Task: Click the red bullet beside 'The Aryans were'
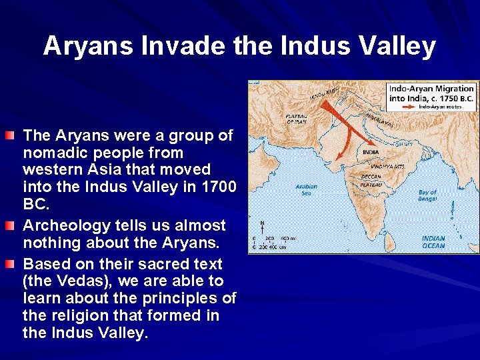pos(9,137)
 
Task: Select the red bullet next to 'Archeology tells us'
pos(9,226)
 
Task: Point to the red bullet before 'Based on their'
pos(9,265)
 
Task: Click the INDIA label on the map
pos(371,152)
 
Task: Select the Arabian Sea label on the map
pos(307,190)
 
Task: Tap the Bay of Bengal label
pos(427,195)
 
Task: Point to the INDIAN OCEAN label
pos(433,242)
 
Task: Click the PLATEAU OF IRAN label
pos(296,119)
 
